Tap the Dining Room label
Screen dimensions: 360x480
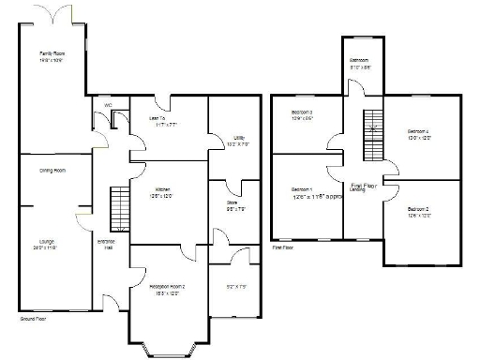coord(52,171)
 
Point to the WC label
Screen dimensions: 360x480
coord(108,105)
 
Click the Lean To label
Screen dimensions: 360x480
coord(157,119)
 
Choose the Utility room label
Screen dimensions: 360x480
coord(239,140)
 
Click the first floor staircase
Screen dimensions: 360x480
coord(373,136)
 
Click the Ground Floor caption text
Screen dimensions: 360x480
coord(33,320)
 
